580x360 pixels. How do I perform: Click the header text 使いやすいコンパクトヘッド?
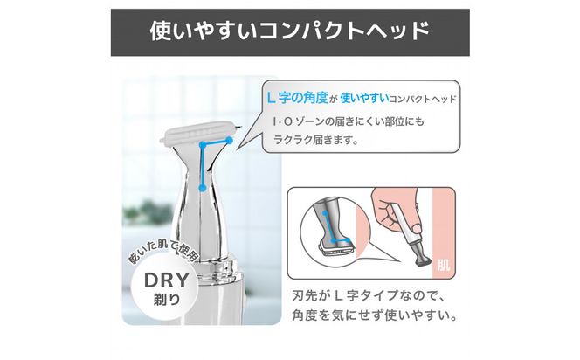point(289,32)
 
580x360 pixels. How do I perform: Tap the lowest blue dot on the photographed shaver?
point(201,187)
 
